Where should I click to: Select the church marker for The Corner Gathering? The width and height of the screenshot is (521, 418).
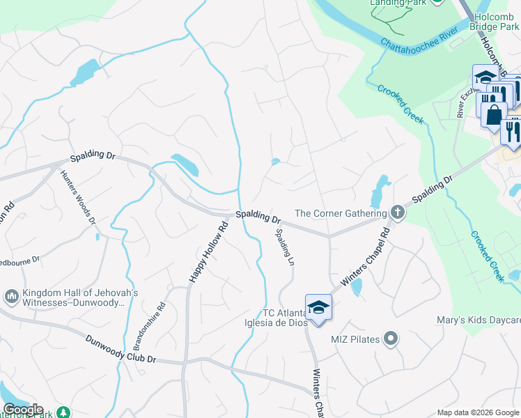pyautogui.click(x=397, y=212)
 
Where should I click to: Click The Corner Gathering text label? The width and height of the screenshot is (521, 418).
pyautogui.click(x=341, y=213)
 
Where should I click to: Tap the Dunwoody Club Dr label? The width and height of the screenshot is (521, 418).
pyautogui.click(x=122, y=350)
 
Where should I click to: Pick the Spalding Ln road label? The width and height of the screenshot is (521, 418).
pyautogui.click(x=281, y=246)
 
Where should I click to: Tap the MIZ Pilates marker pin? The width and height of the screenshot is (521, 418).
pyautogui.click(x=391, y=339)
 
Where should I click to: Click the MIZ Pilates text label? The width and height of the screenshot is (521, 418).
pyautogui.click(x=355, y=339)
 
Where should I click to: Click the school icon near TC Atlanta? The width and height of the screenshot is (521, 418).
pyautogui.click(x=318, y=307)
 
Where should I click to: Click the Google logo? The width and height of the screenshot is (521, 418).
pyautogui.click(x=22, y=410)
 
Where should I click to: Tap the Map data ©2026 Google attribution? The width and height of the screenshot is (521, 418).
pyautogui.click(x=477, y=412)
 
